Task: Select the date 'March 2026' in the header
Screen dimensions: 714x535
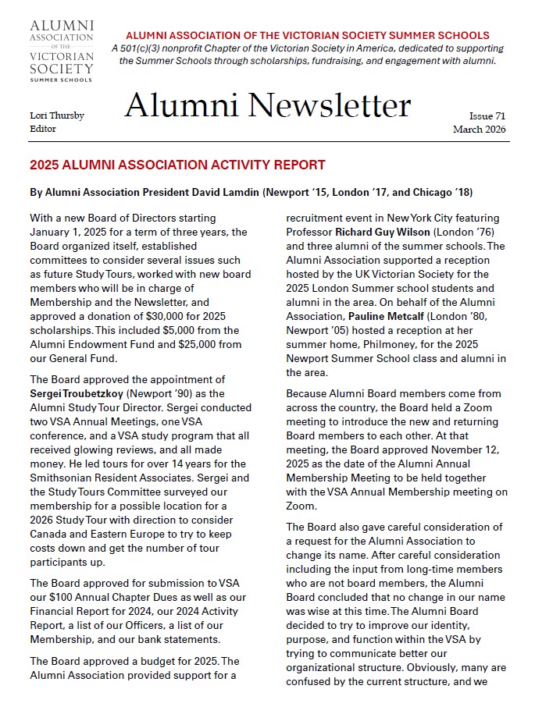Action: tap(480, 130)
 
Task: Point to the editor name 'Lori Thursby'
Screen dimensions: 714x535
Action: tap(56, 115)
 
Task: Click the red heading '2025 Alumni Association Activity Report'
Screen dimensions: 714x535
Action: tap(177, 165)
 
